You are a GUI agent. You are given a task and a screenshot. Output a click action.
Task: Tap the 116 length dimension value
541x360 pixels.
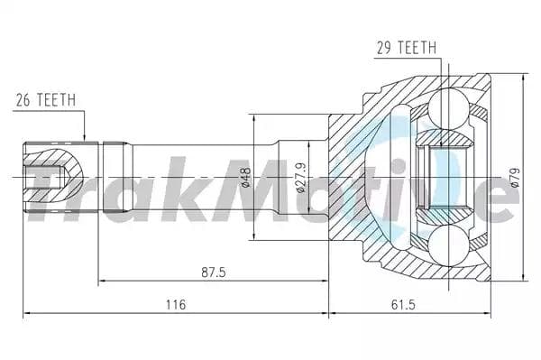(176, 304)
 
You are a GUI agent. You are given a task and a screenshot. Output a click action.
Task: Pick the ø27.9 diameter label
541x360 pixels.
(300, 178)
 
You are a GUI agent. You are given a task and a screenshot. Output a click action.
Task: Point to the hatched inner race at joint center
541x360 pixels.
(443, 177)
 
